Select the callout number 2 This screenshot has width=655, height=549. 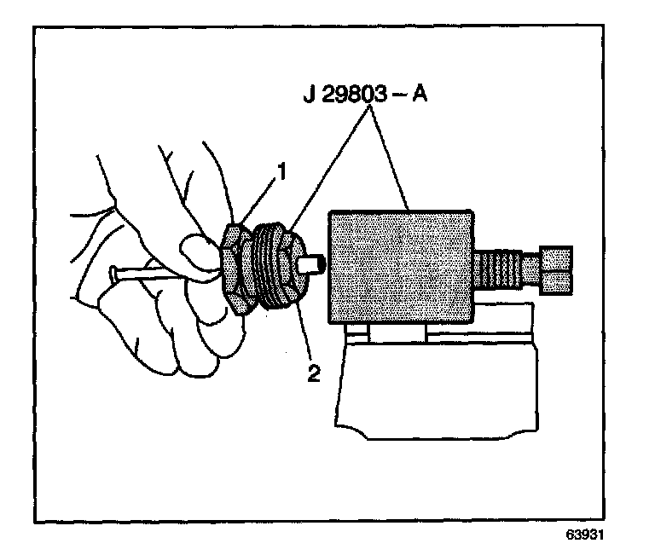pyautogui.click(x=313, y=373)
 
